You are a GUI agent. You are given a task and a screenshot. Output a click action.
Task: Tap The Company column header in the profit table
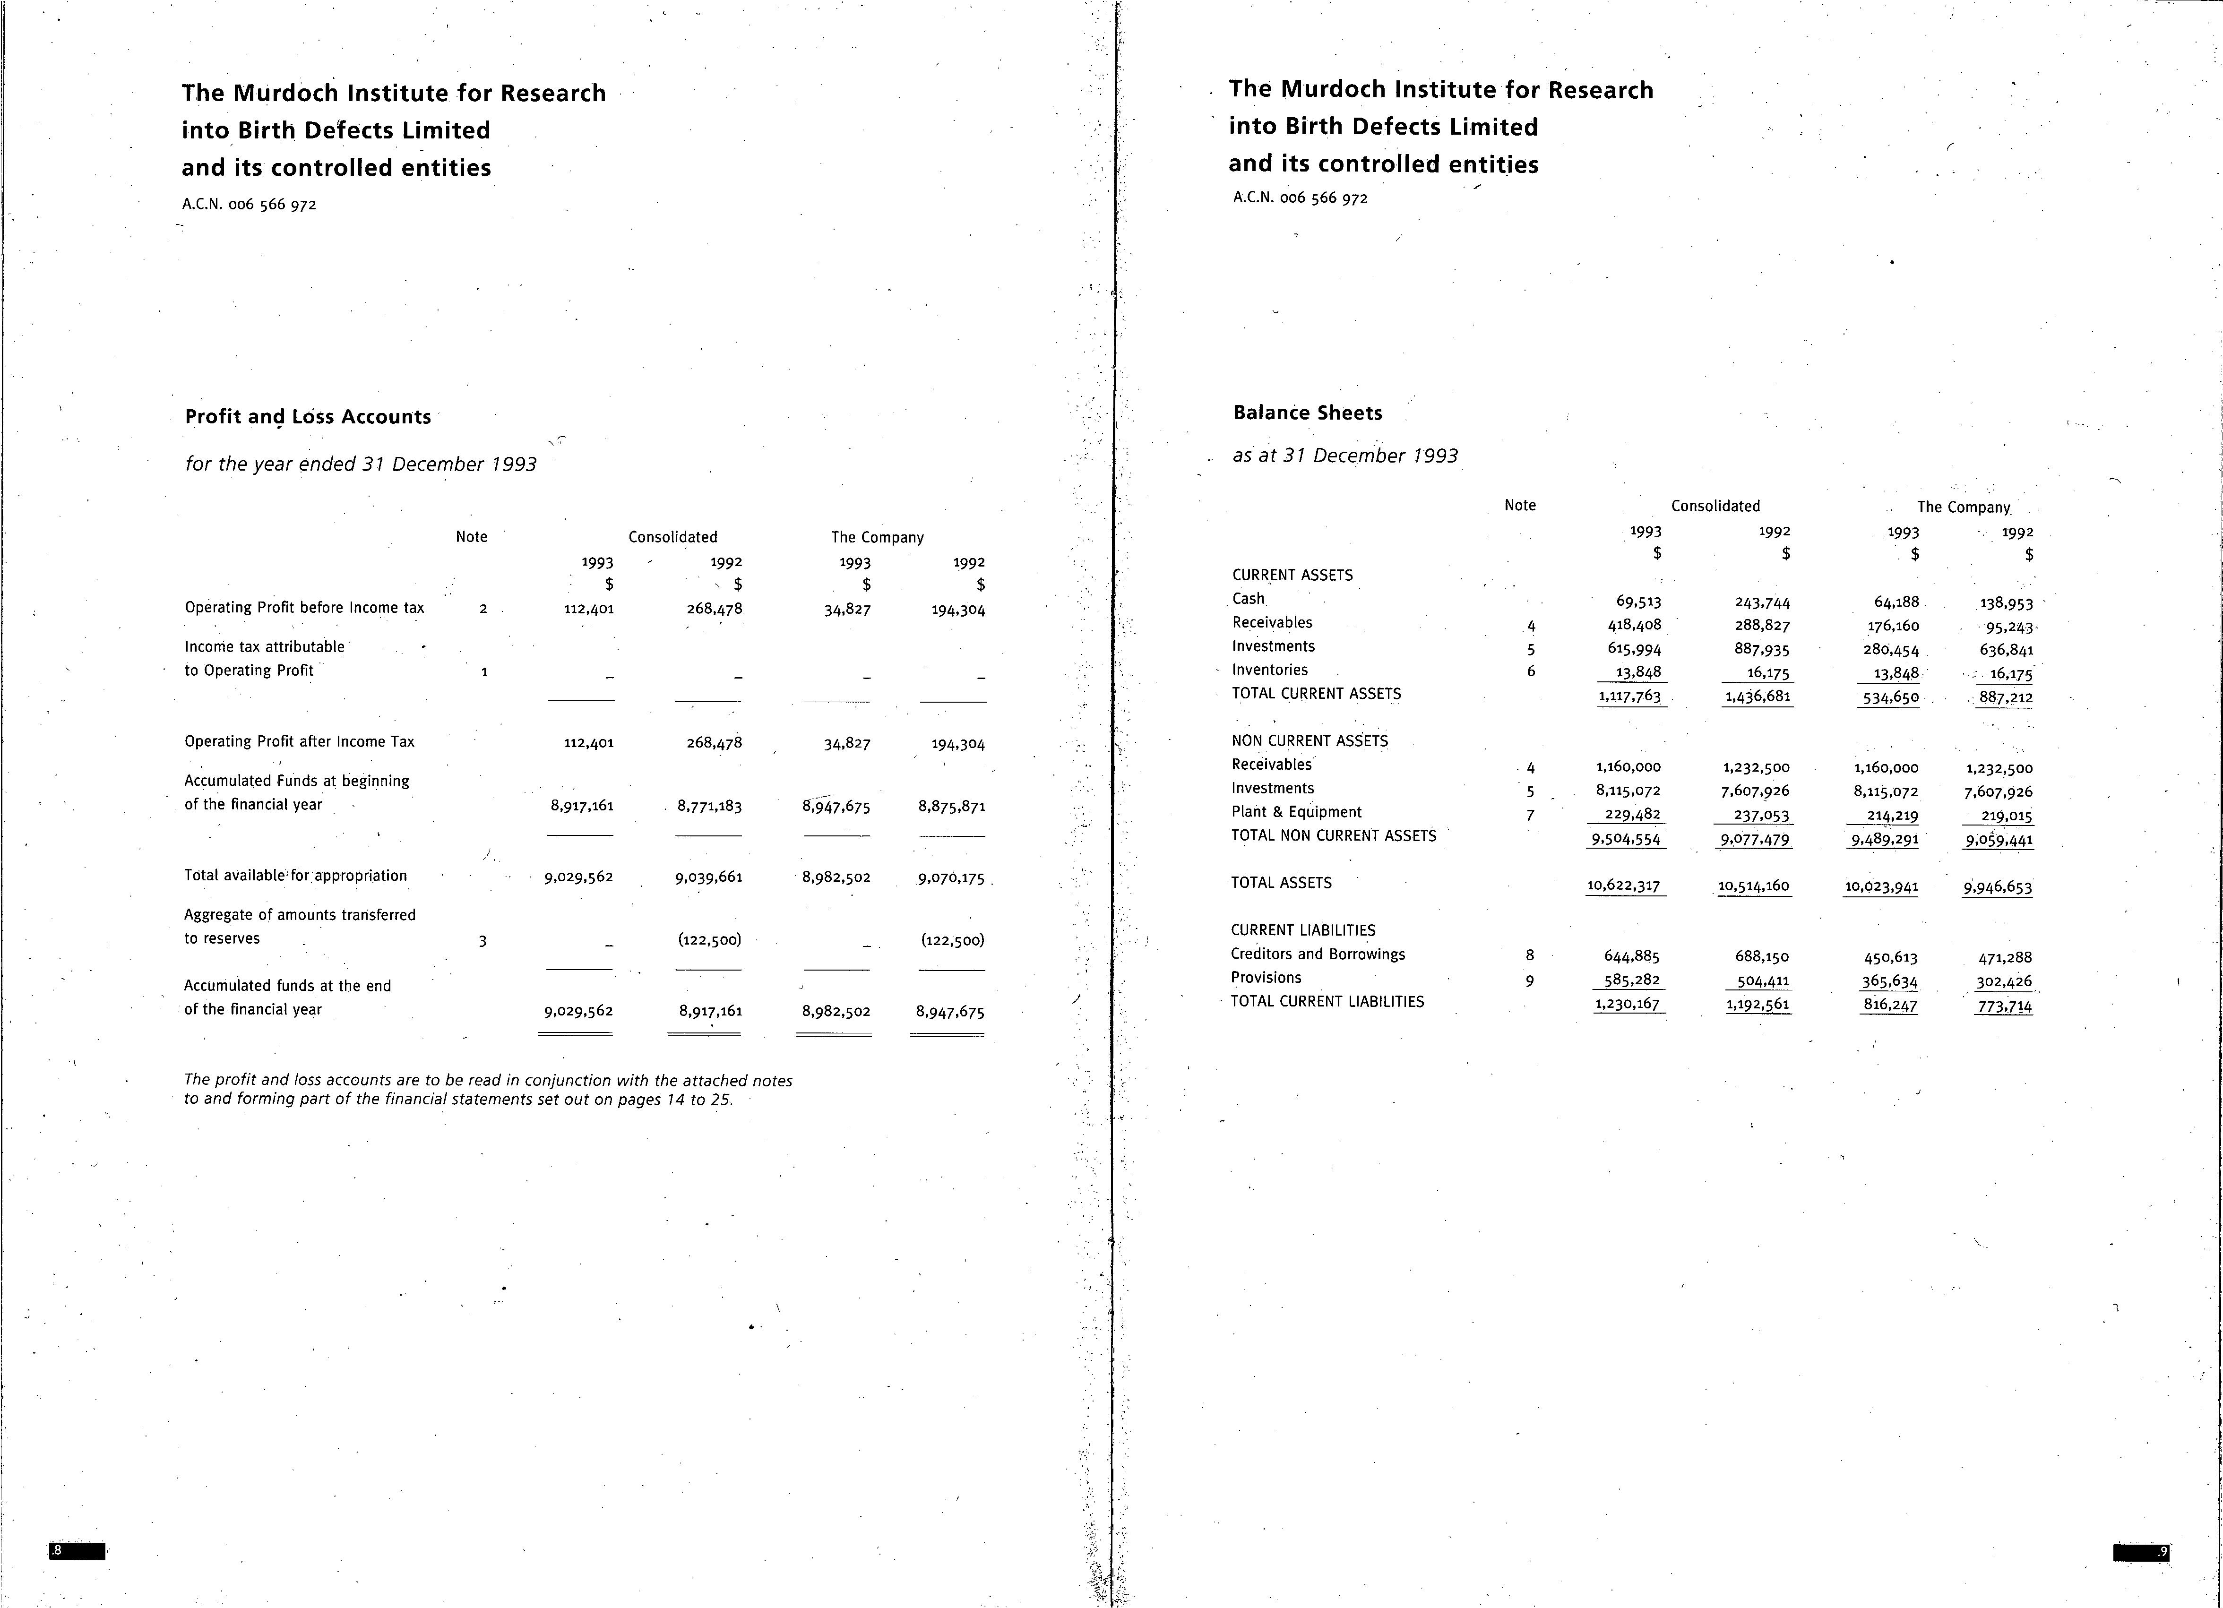(877, 537)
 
